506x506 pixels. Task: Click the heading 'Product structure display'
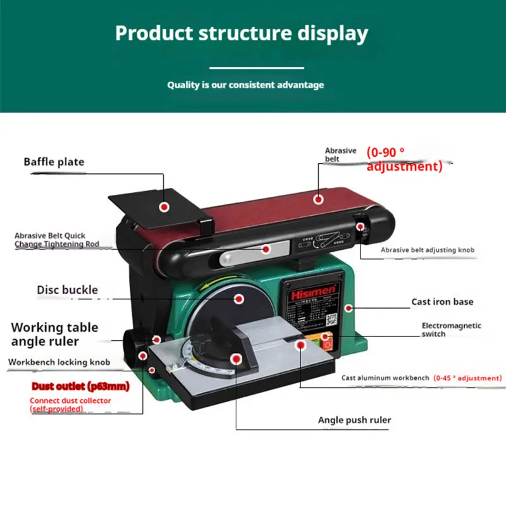pos(241,34)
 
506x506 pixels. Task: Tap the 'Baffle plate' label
pos(54,162)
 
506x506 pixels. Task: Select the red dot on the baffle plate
pos(164,207)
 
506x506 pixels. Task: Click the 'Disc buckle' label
pos(67,290)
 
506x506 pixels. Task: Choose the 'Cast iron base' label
pos(442,302)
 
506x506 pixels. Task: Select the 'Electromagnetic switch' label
pos(451,330)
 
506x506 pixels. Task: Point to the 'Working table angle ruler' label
pos(54,334)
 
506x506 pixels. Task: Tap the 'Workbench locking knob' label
pos(59,362)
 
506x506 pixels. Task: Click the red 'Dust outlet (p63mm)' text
pos(80,386)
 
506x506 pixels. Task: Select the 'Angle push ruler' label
pos(354,420)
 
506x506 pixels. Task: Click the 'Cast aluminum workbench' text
pos(385,378)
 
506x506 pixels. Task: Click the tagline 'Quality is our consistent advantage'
pos(245,85)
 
